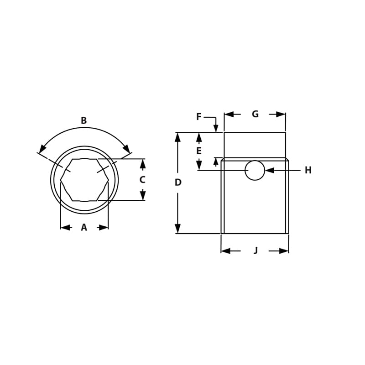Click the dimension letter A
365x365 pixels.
84,228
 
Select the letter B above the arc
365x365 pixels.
83,121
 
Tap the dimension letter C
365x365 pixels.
142,180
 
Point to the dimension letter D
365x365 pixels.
178,182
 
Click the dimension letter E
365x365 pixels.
198,151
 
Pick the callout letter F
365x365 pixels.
198,117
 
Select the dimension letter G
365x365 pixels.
255,114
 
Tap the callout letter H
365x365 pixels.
308,170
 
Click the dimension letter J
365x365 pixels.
255,250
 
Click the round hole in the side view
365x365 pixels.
255,170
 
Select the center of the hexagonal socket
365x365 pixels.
84,180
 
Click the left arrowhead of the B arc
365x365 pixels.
42,149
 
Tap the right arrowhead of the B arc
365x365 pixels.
126,149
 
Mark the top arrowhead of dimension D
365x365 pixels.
177,137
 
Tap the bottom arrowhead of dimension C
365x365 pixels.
143,196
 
